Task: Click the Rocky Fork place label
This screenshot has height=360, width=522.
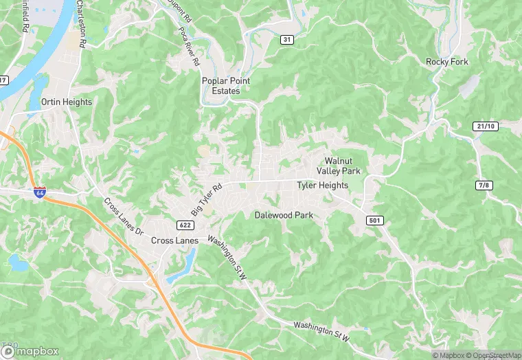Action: click(446, 62)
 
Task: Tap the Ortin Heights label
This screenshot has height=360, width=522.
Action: click(67, 102)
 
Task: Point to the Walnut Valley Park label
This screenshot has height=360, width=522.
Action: click(339, 166)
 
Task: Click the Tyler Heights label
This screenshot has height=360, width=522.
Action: click(323, 185)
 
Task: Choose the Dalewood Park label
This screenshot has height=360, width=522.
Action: click(284, 215)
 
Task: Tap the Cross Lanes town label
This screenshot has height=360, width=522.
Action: click(174, 240)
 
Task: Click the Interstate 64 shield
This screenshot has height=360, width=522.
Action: click(41, 192)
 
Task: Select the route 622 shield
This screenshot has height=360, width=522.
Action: click(183, 225)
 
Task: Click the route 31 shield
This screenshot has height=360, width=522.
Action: click(287, 40)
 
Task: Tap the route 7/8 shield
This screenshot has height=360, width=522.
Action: click(484, 186)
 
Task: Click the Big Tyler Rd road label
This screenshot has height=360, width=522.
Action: click(207, 198)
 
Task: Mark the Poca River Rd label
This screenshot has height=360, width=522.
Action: click(189, 46)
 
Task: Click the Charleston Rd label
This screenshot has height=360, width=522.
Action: click(82, 23)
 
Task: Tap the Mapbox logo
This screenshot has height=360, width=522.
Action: click(30, 350)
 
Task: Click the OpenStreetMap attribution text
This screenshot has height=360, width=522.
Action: click(490, 355)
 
